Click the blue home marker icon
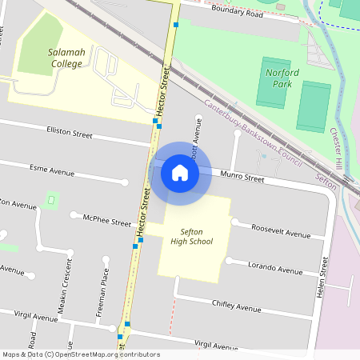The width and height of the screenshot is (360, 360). click(x=180, y=173)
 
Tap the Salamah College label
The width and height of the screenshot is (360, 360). click(x=66, y=58)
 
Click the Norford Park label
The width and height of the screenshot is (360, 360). click(x=279, y=78)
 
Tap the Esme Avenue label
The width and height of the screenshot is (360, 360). click(x=51, y=171)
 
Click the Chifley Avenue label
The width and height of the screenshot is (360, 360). click(x=237, y=306)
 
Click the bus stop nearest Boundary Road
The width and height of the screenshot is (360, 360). click(x=176, y=24)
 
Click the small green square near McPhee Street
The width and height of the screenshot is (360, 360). click(x=53, y=197)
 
